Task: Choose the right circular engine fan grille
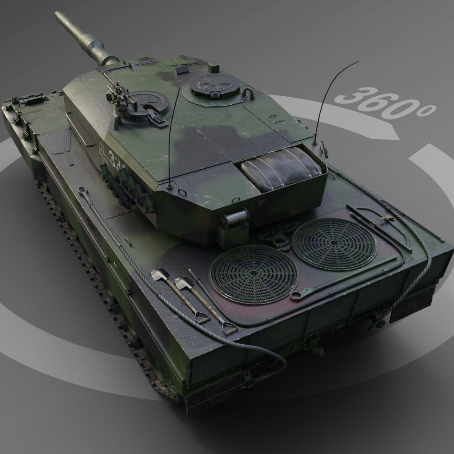334,243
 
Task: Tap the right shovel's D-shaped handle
230,330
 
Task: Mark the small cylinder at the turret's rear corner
235,219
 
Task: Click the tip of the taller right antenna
358,62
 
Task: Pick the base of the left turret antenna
169,185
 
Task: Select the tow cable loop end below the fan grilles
297,294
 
